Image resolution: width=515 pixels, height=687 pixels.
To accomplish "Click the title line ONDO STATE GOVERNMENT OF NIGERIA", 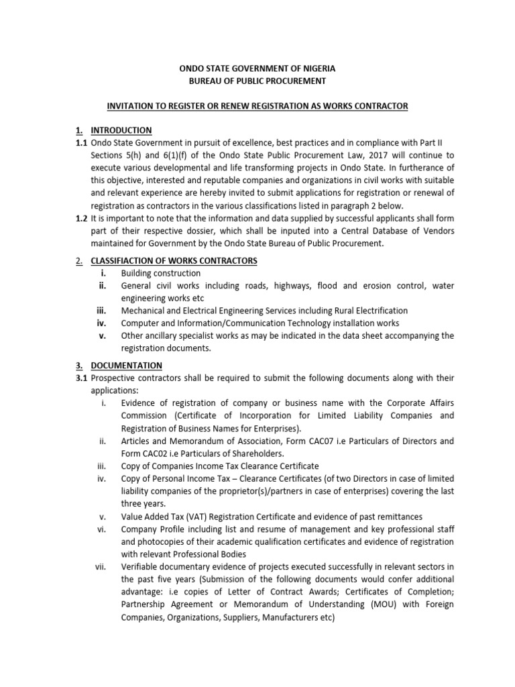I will click(256, 68).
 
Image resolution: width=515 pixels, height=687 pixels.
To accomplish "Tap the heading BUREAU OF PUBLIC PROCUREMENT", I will click(256, 81).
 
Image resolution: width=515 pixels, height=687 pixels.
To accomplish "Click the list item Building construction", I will click(160, 273).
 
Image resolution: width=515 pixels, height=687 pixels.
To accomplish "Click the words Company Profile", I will click(152, 529).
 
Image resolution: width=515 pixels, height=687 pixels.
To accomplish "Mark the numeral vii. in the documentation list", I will click(101, 566).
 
